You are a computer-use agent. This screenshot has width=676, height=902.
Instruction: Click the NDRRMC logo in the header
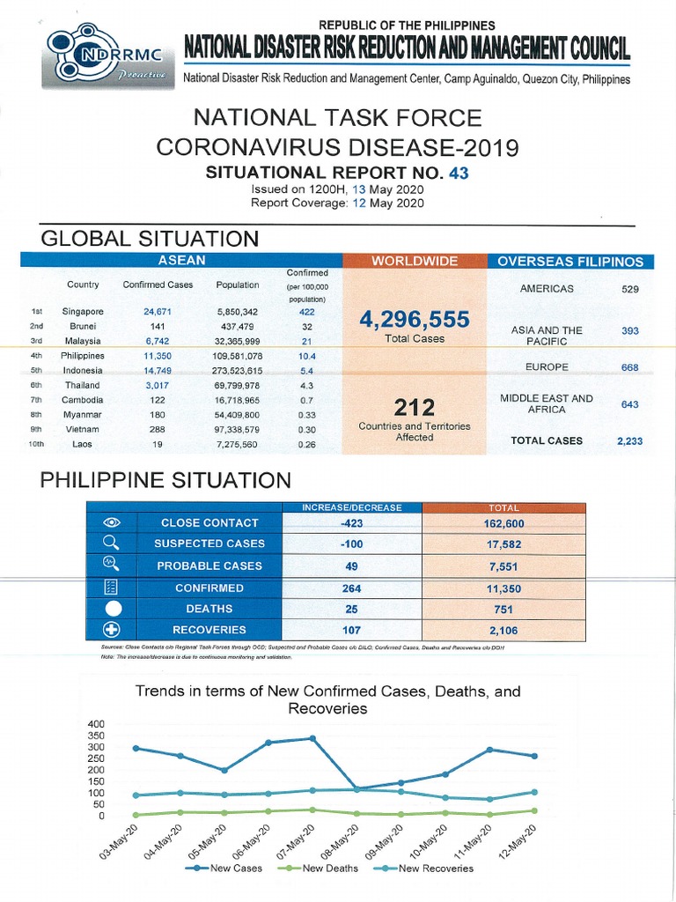coord(107,55)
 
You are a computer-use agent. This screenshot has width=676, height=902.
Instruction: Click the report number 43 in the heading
coord(459,174)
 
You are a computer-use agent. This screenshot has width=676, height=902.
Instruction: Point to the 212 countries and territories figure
coord(415,407)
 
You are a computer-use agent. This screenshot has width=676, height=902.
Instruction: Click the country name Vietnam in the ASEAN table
coord(83,430)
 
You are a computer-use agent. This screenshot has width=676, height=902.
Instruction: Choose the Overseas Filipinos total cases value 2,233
coord(629,441)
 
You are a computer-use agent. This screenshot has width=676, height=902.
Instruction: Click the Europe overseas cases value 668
coord(629,367)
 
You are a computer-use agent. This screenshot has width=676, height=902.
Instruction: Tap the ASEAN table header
coord(181,261)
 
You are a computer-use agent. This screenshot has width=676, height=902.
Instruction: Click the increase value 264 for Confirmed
coord(351,588)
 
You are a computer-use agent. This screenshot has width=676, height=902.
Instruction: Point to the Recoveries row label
coord(209,630)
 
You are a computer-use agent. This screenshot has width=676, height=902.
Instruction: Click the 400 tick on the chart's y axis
coord(96,724)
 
